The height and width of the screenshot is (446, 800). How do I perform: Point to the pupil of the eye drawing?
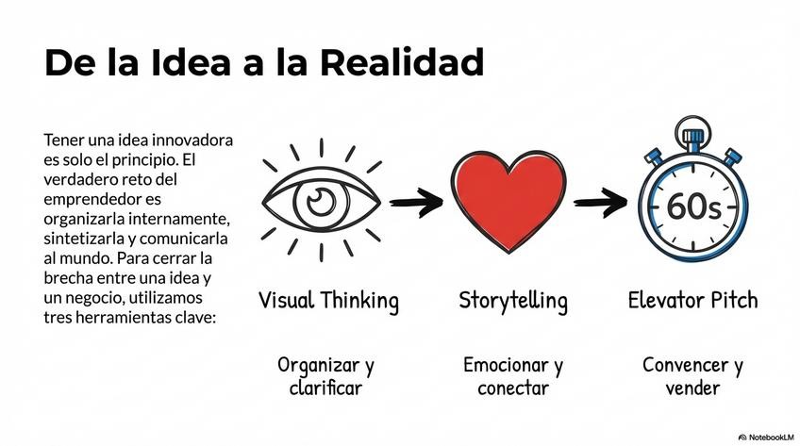pyautogui.click(x=322, y=199)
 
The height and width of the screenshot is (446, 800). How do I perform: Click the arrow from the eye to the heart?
pyautogui.click(x=416, y=200)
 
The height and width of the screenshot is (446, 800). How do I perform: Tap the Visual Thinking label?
pyautogui.click(x=328, y=302)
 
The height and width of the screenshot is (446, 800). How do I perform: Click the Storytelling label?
pyautogui.click(x=513, y=302)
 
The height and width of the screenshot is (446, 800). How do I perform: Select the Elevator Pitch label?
pyautogui.click(x=692, y=302)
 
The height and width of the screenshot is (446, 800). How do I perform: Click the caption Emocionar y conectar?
pyautogui.click(x=513, y=375)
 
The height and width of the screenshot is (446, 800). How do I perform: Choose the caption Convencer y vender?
pyautogui.click(x=692, y=375)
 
